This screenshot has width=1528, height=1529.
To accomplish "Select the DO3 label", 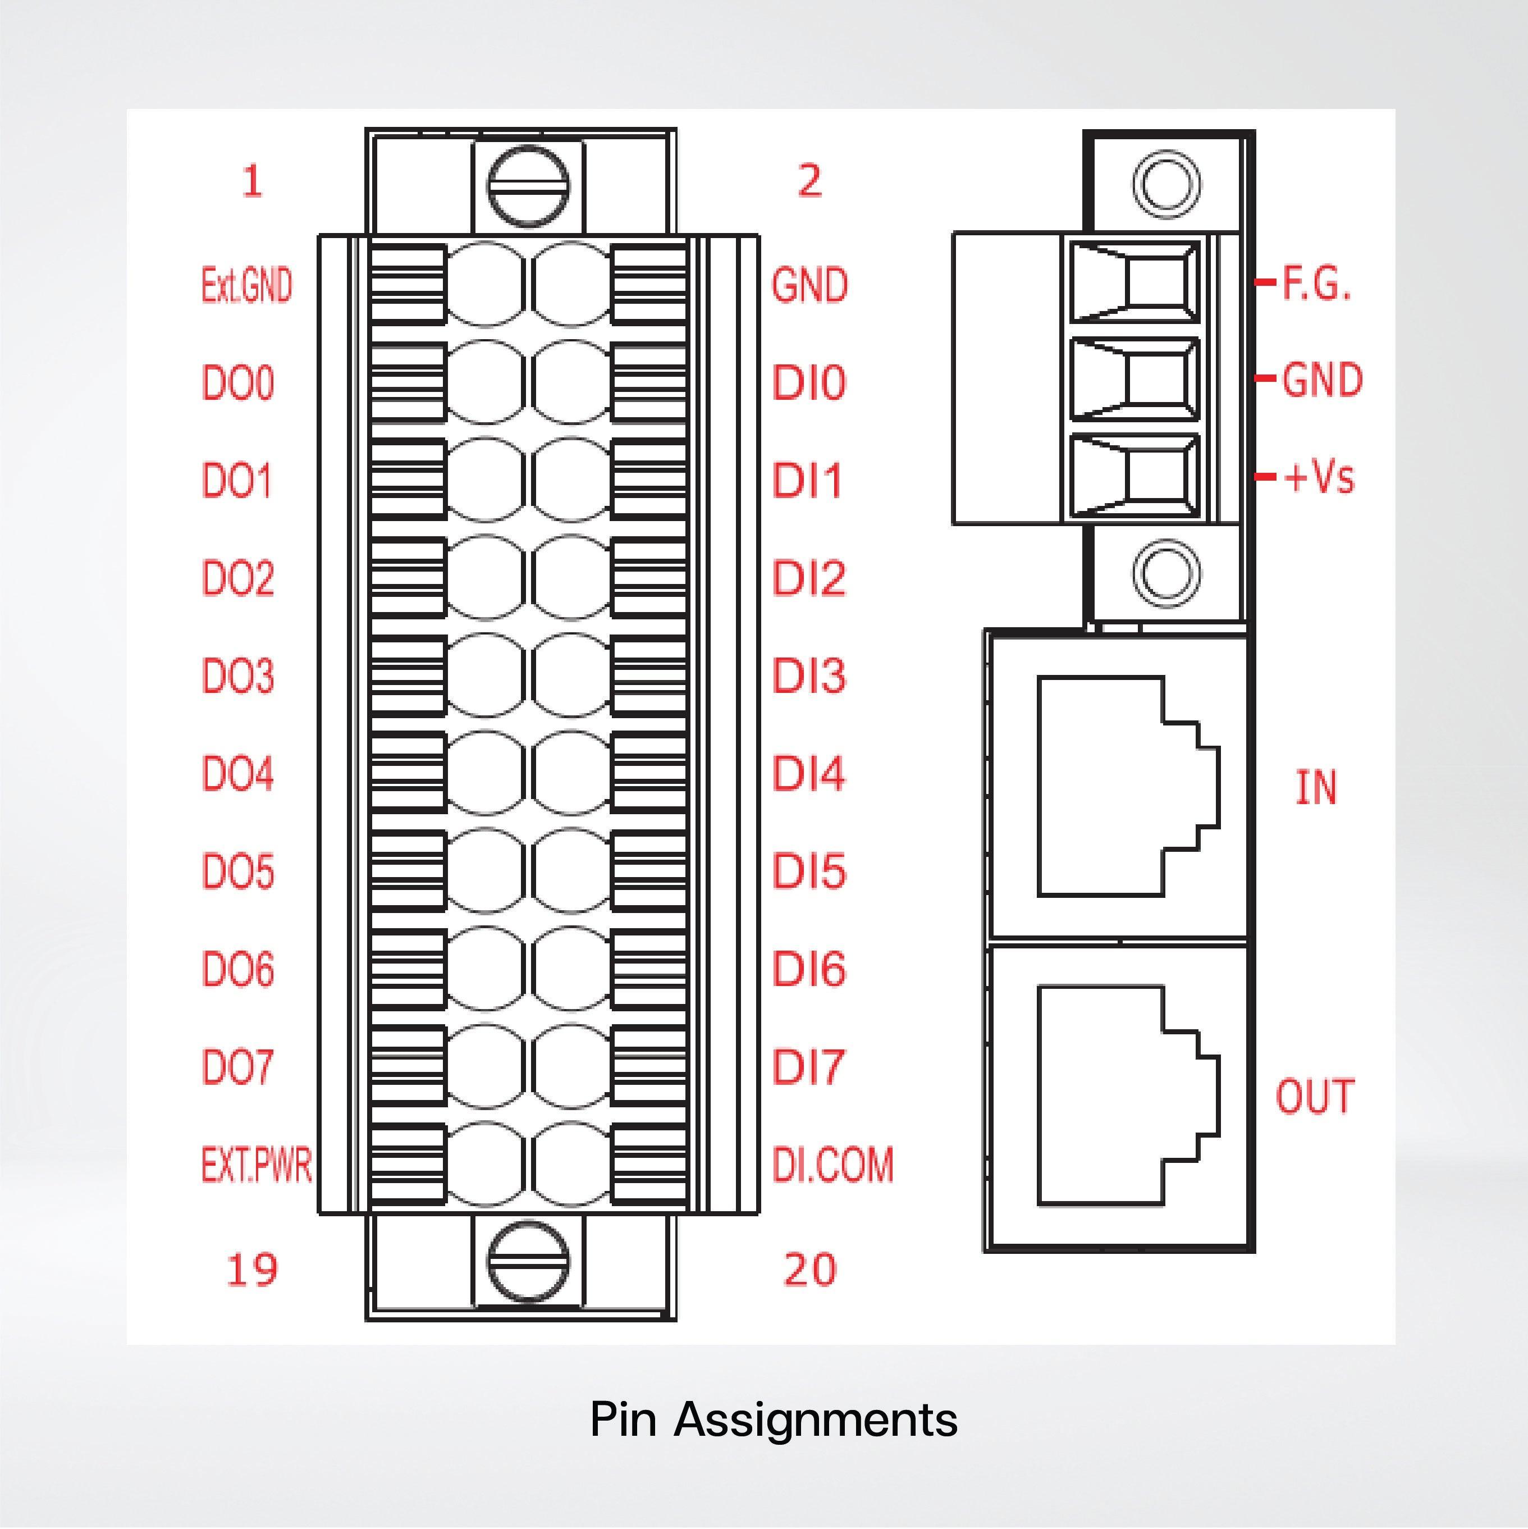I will [238, 677].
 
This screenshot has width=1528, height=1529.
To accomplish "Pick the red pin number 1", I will [251, 182].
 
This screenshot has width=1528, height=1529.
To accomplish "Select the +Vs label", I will [1319, 477].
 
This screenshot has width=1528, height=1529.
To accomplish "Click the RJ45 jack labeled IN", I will [1128, 786].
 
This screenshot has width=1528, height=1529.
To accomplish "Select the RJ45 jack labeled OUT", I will [1128, 1096].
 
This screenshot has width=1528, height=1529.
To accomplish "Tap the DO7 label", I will [238, 1067].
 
